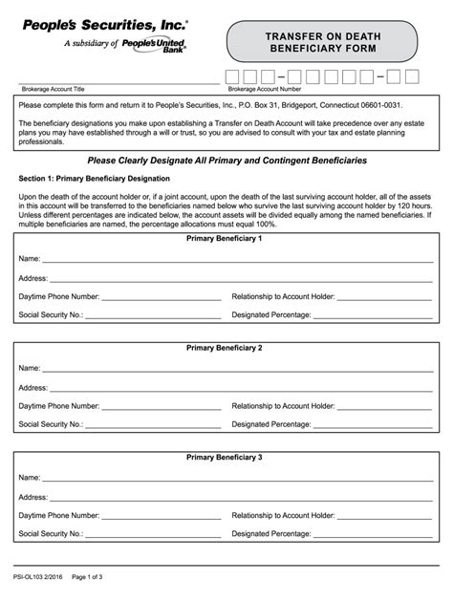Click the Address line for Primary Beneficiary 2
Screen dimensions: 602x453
tap(240, 389)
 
